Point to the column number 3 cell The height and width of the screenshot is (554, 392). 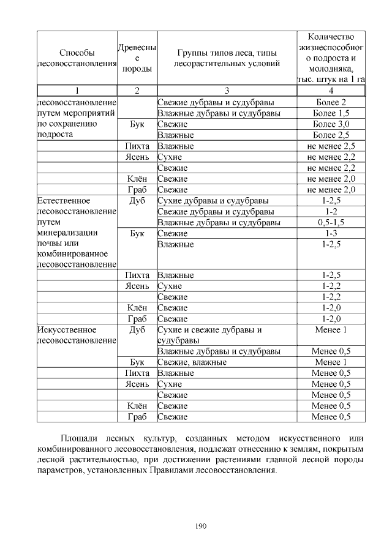[227, 91]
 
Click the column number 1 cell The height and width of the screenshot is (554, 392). [77, 91]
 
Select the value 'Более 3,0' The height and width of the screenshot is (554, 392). [331, 124]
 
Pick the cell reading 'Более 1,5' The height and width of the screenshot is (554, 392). [331, 113]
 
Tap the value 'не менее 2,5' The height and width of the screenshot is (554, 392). [331, 146]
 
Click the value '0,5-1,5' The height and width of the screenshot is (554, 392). [331, 222]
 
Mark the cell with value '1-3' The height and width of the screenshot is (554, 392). [331, 233]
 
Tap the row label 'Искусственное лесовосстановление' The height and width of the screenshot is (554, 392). [77, 334]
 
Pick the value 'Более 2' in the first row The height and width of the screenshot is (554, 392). [331, 102]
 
